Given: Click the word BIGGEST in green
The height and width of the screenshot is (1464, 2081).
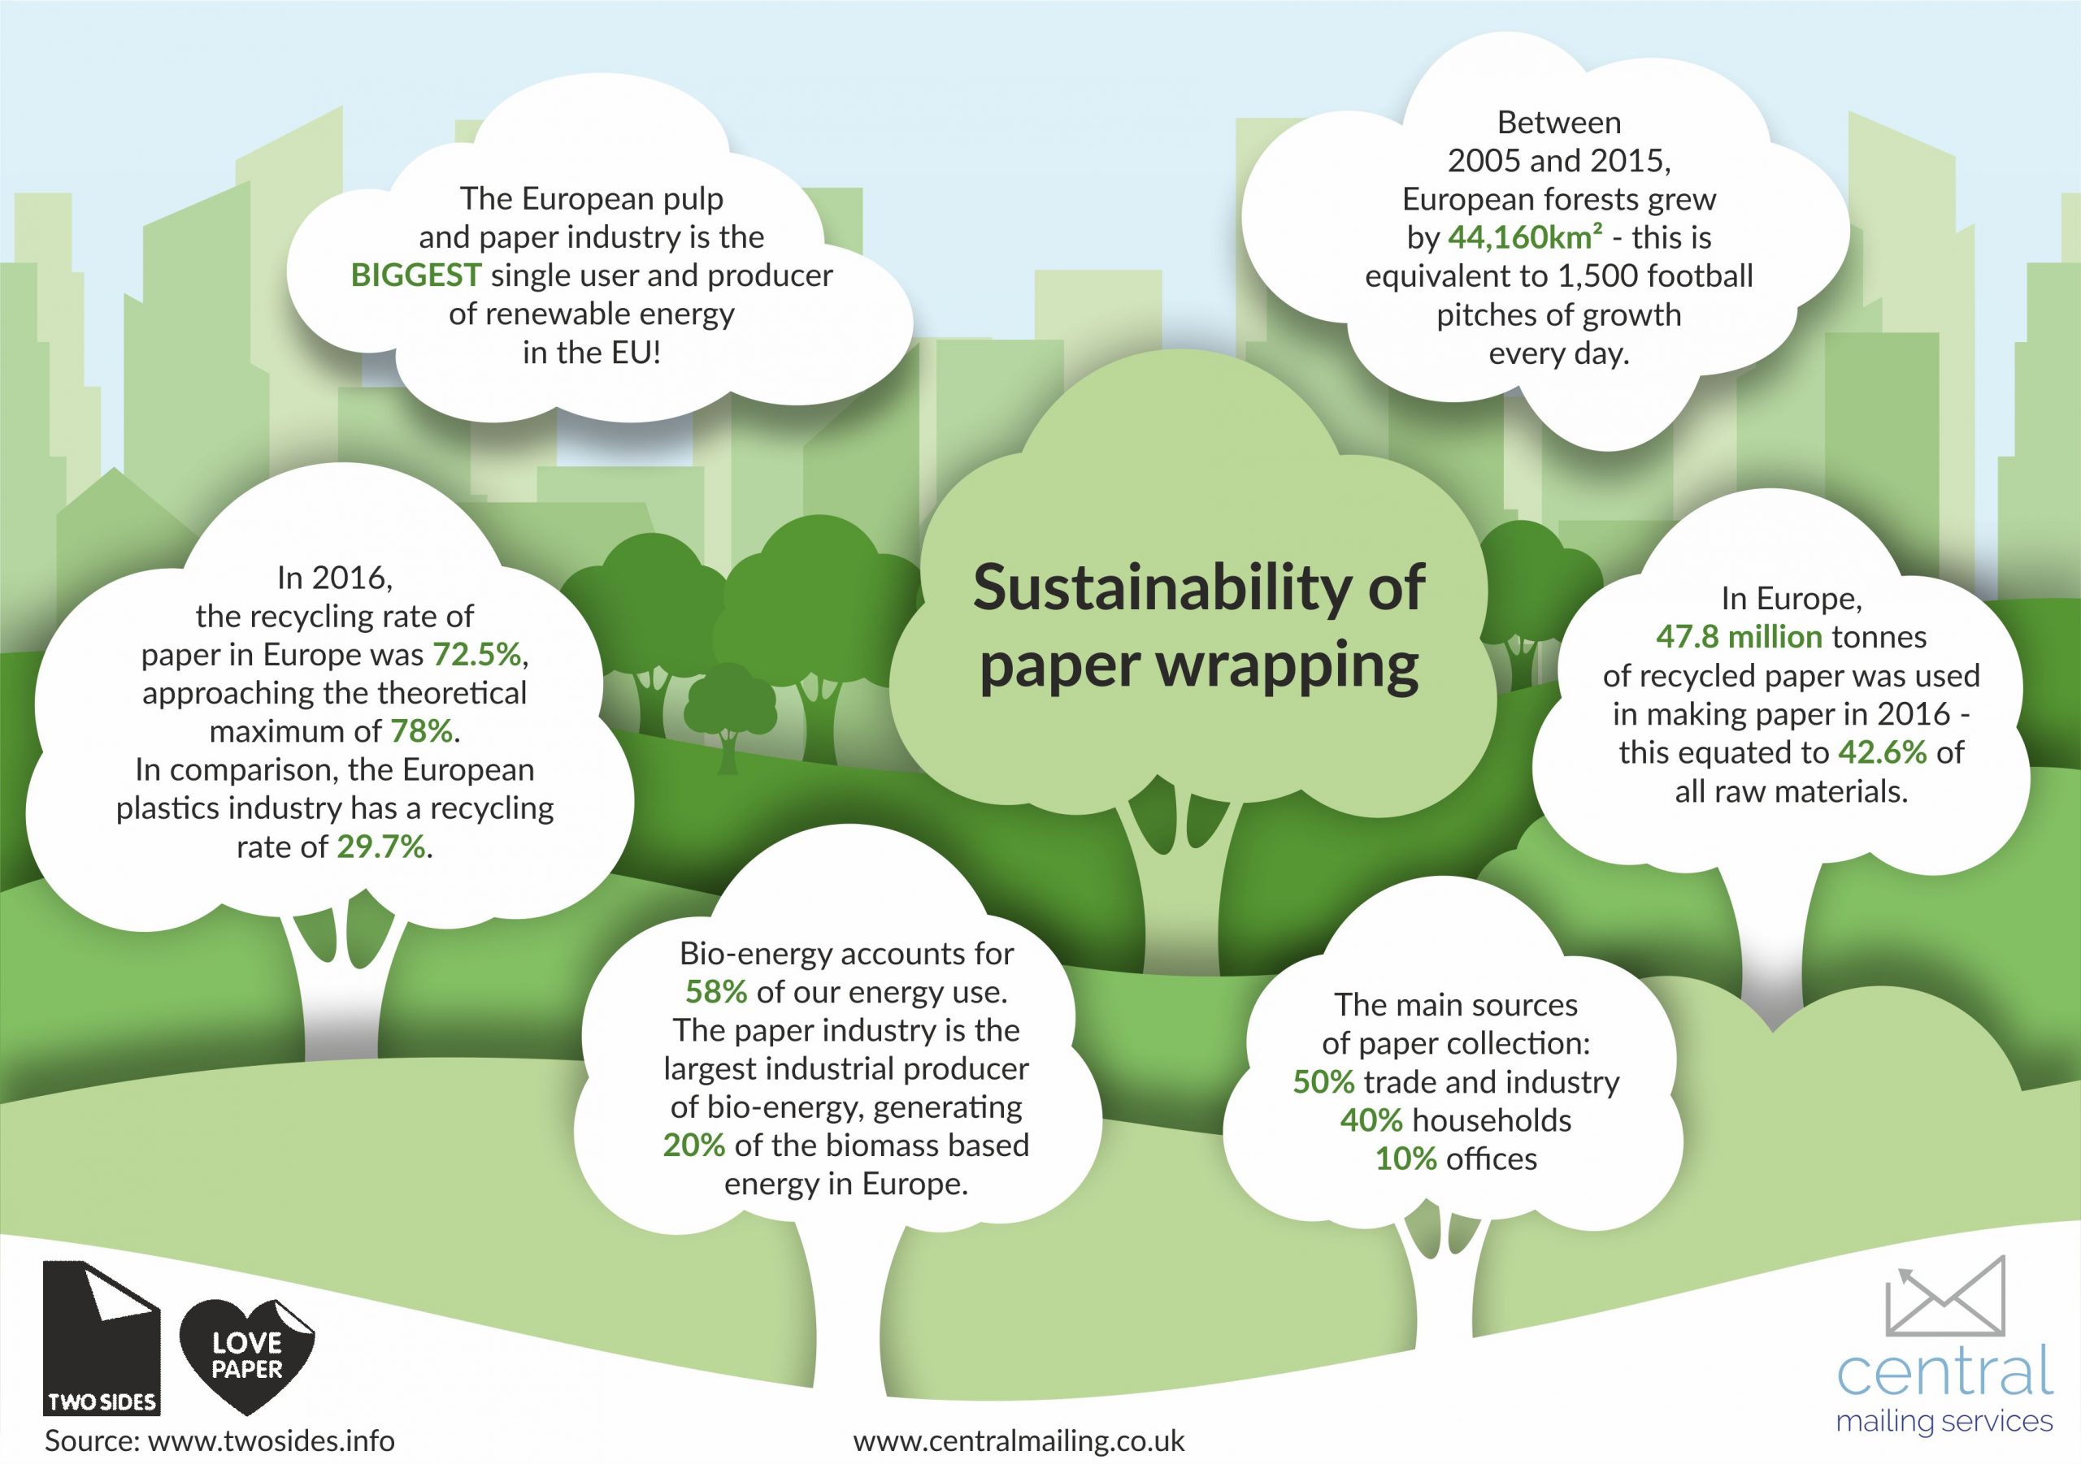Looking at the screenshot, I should click(415, 275).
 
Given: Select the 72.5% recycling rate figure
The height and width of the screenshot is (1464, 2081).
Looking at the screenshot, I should click(476, 654).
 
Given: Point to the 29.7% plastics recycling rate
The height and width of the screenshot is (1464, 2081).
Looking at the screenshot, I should click(380, 847).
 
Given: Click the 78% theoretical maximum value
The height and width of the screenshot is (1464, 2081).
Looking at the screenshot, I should click(420, 731).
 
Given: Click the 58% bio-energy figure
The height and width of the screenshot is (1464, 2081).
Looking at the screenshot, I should click(716, 992).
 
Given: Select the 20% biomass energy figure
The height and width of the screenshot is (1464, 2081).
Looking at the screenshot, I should click(693, 1146).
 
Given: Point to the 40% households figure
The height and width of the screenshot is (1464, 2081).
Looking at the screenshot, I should click(1371, 1120).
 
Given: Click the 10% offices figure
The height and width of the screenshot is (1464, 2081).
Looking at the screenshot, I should click(1405, 1159).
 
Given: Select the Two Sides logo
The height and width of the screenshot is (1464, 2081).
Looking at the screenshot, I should click(102, 1337).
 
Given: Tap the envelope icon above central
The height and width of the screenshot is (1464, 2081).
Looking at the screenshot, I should click(1944, 1297).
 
